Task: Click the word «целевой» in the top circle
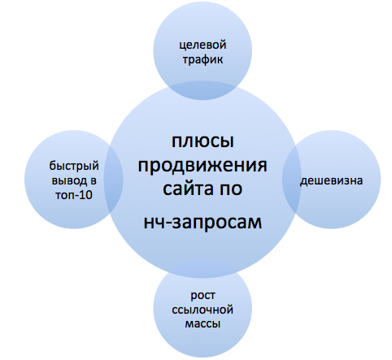point(203,46)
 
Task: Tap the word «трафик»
point(203,59)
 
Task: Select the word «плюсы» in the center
point(203,141)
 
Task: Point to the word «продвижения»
point(203,165)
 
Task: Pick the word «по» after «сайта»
point(231,189)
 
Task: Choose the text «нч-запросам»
point(203,222)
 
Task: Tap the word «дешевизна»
point(331,180)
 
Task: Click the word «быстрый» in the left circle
point(74,167)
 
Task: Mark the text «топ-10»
point(74,195)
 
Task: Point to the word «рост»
point(203,296)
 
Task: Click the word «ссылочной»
point(203,310)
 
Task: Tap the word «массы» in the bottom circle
point(203,324)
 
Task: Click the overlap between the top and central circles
point(203,90)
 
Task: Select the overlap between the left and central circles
point(114,180)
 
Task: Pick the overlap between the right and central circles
point(292,180)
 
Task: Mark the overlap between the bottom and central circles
point(203,269)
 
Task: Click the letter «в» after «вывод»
point(94,181)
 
